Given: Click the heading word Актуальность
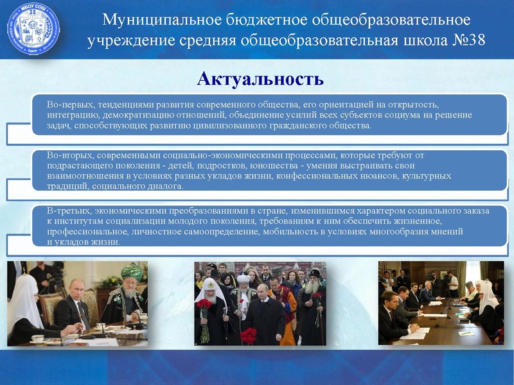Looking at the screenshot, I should [260, 80].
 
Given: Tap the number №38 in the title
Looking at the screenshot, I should [458, 41].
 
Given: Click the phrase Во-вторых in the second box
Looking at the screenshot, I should [68, 155].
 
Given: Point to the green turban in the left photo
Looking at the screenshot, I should [131, 268].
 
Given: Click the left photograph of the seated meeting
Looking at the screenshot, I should [78, 304].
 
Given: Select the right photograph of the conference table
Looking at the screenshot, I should [440, 303].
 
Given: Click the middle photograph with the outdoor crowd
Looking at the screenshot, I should [260, 304].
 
